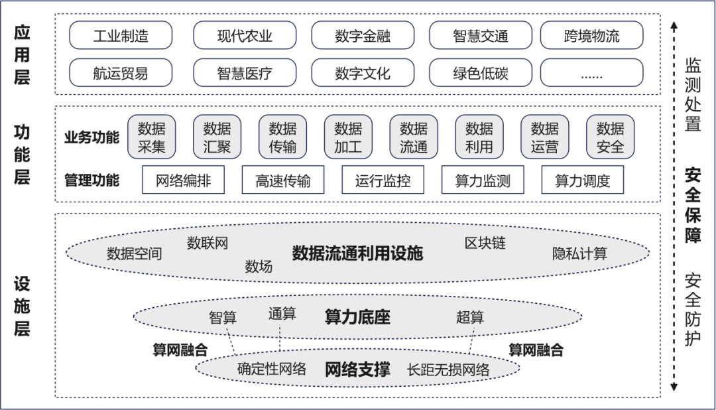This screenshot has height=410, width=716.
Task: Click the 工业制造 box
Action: (x=121, y=35)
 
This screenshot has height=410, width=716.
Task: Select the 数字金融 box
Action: (x=363, y=35)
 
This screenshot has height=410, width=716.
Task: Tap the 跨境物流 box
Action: (x=591, y=35)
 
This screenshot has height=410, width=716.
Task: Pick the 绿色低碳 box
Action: (x=481, y=73)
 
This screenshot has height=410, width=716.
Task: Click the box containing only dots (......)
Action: (x=591, y=73)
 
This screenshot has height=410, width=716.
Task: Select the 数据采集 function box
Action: (x=151, y=137)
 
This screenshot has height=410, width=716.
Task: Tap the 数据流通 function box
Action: (x=414, y=137)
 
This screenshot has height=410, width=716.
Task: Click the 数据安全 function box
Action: (x=610, y=137)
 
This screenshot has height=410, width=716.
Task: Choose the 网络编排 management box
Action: (x=183, y=180)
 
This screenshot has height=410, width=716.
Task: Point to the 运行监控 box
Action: (x=383, y=180)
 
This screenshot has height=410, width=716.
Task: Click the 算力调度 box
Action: (x=582, y=180)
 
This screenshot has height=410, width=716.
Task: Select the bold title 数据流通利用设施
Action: (x=357, y=253)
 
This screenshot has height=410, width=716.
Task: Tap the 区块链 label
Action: (x=485, y=243)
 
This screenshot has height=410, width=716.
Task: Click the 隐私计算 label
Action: (x=579, y=253)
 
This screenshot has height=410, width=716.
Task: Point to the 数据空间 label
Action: (x=135, y=253)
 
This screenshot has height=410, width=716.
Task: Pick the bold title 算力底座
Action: (x=357, y=316)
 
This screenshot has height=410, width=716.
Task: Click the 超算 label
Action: (x=470, y=317)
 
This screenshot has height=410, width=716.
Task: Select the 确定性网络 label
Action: (x=272, y=369)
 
